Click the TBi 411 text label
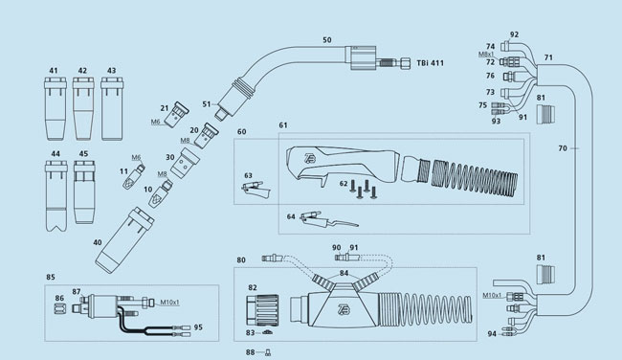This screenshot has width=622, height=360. click(x=430, y=63)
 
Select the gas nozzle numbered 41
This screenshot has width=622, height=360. click(x=56, y=109)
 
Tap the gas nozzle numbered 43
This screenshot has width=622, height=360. click(x=112, y=109)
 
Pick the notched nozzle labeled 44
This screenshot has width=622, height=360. click(x=56, y=195)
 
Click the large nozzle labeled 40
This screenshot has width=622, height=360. click(x=124, y=240)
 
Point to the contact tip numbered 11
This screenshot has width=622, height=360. click(x=133, y=177)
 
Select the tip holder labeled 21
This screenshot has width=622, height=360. click(x=175, y=115)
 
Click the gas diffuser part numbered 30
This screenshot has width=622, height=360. click(x=185, y=163)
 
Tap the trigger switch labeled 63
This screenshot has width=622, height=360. click(x=255, y=189)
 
